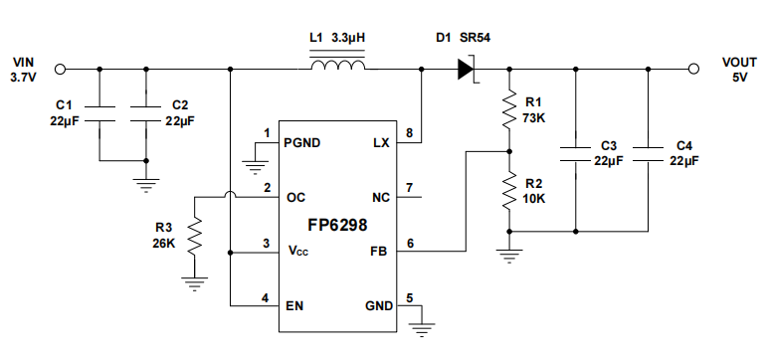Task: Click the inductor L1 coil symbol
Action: coord(337,68)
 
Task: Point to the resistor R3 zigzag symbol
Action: coord(196,237)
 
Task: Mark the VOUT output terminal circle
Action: coord(692,69)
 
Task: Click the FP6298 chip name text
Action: coord(336,225)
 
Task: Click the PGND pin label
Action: coord(301,142)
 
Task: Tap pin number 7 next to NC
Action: coord(410,187)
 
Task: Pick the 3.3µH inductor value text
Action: coord(348,38)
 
